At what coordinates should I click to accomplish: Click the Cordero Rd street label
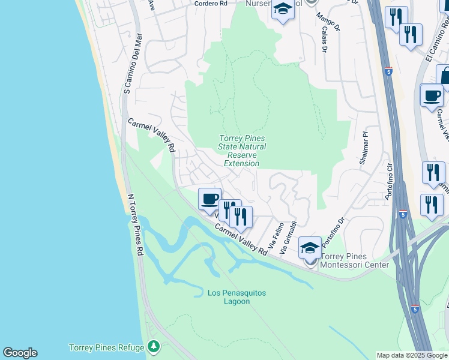pos(211,3)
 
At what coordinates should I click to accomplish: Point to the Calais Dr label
pos(324,40)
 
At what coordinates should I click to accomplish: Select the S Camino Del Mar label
pos(133,64)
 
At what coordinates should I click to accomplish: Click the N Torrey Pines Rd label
pos(135,225)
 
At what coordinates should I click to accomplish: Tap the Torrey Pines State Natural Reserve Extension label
pos(242,151)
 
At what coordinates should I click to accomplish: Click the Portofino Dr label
pos(335,232)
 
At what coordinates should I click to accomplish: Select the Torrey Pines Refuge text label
pos(107,347)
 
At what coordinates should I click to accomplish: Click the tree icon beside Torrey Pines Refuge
pos(154,347)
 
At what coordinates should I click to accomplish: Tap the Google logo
pos(20,353)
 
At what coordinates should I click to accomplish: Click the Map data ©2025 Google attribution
pos(412,355)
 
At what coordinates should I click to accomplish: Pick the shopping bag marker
pos(444,76)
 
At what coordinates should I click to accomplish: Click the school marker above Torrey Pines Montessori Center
pos(310,247)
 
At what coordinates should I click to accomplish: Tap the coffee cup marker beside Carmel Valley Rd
pos(209,199)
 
